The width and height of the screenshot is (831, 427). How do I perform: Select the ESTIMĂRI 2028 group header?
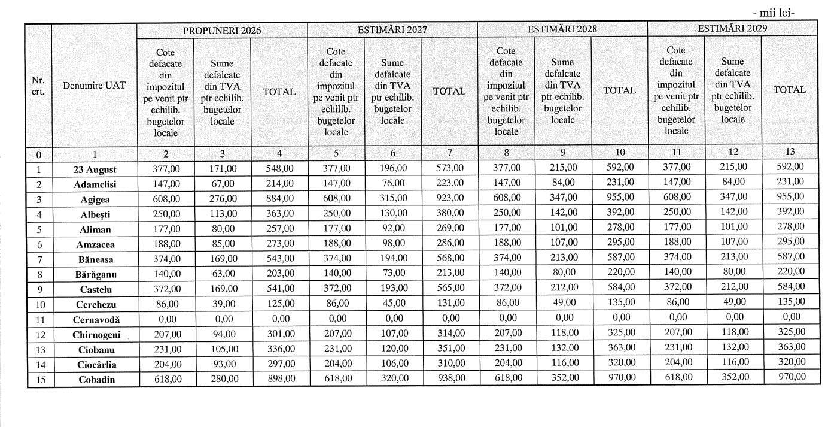click(562, 28)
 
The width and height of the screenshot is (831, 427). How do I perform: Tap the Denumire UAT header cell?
click(95, 85)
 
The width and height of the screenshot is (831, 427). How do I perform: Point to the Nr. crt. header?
click(38, 86)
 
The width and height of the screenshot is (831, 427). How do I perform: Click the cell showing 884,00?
click(279, 199)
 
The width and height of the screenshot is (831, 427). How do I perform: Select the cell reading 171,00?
click(222, 169)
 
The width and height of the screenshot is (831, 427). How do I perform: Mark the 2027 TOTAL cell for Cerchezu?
click(449, 303)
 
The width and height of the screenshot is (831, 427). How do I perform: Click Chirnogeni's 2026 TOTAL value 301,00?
click(279, 333)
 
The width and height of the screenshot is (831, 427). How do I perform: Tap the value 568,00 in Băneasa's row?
click(449, 258)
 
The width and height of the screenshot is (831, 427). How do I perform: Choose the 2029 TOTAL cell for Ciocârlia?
click(790, 362)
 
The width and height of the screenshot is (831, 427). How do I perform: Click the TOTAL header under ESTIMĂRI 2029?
click(790, 90)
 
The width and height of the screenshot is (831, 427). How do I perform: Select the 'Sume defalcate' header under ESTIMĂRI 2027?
click(392, 91)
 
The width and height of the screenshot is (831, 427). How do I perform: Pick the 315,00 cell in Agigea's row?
click(392, 198)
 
